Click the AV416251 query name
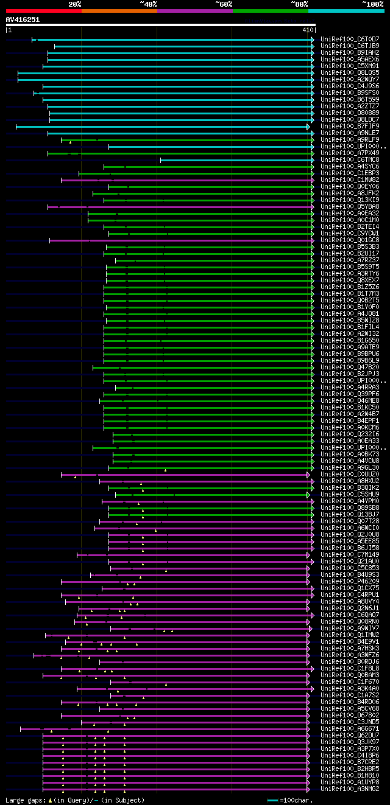point(23,19)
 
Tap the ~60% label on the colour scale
point(224,4)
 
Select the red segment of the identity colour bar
point(43,10)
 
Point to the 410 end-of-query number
point(307,29)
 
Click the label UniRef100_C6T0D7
point(350,39)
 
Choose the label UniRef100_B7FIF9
point(350,126)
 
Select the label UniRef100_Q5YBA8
point(350,206)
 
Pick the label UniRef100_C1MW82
point(350,179)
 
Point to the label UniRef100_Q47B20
point(350,367)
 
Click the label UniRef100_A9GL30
point(350,467)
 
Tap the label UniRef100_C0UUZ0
point(350,474)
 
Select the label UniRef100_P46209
point(350,581)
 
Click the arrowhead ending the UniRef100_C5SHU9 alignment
point(309,495)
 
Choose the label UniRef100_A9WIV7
point(350,628)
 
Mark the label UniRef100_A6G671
point(350,728)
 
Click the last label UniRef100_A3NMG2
point(350,789)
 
